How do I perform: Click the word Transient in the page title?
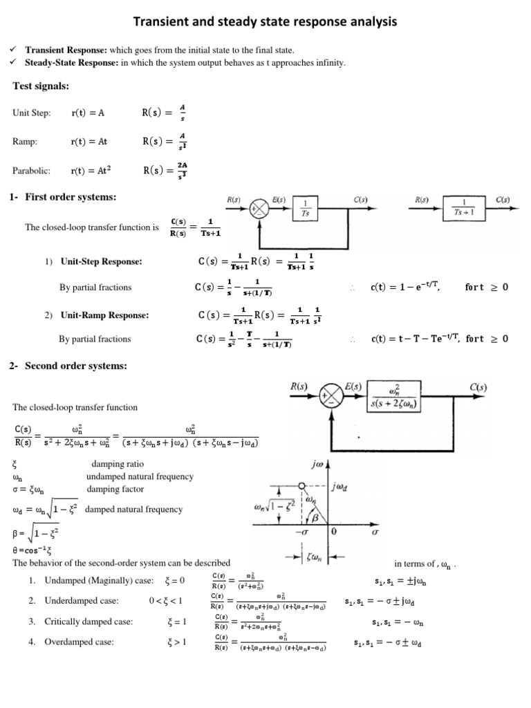[162, 22]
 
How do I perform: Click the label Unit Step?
[32, 113]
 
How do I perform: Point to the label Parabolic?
[32, 169]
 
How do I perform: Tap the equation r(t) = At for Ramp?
[90, 141]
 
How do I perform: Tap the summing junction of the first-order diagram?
[259, 207]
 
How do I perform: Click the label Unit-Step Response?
[101, 262]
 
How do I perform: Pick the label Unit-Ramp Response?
[104, 315]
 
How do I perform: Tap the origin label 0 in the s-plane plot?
[333, 533]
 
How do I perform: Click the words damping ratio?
[117, 464]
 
